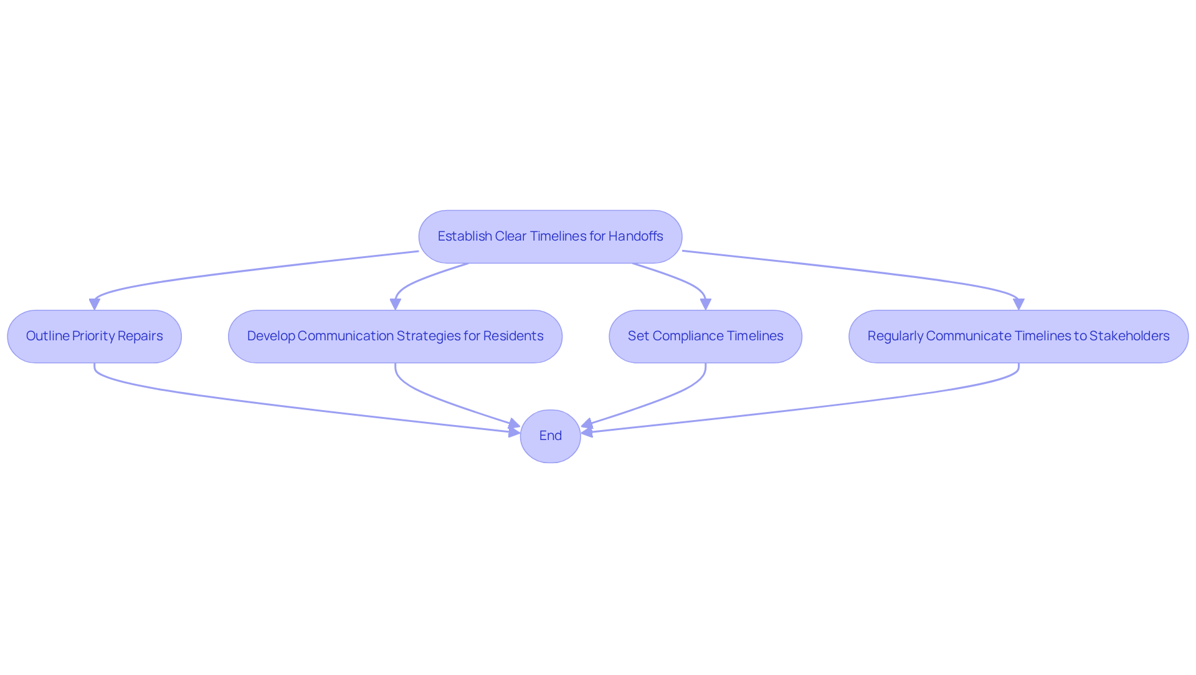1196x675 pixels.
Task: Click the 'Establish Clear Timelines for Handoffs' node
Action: pyautogui.click(x=550, y=237)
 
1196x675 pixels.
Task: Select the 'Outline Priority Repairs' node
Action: pyautogui.click(x=94, y=337)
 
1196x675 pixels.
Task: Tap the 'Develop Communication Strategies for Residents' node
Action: pyautogui.click(x=395, y=337)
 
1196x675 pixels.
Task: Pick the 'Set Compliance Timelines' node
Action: pyautogui.click(x=705, y=337)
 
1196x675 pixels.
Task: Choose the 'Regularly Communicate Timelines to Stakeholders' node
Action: pyautogui.click(x=1018, y=337)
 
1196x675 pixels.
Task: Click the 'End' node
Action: pyautogui.click(x=551, y=436)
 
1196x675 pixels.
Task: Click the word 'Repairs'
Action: pyautogui.click(x=140, y=337)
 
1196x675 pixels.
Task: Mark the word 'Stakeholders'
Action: pyautogui.click(x=1129, y=336)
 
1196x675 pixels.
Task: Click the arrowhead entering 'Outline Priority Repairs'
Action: pyautogui.click(x=95, y=304)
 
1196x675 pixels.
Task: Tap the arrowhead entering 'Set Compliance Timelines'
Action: pyautogui.click(x=706, y=304)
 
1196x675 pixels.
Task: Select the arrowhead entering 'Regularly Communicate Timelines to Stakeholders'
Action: pyautogui.click(x=1018, y=304)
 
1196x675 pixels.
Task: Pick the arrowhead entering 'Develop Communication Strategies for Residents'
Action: pyautogui.click(x=396, y=304)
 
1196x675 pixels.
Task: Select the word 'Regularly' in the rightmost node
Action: pyautogui.click(x=895, y=337)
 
